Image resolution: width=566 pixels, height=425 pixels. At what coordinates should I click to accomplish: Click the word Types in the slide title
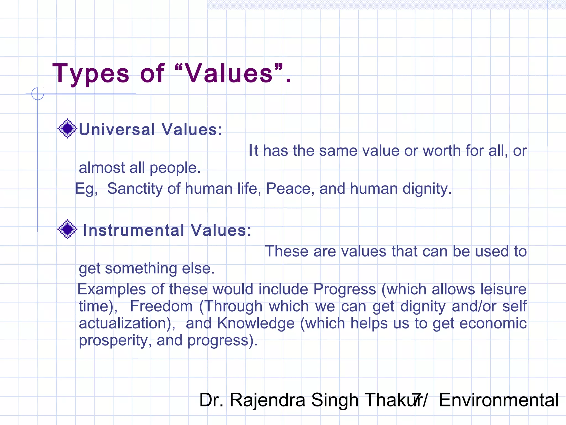[x=91, y=74]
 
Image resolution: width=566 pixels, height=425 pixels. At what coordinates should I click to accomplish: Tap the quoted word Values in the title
[x=229, y=74]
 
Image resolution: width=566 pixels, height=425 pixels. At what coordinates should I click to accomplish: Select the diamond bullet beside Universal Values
[x=67, y=128]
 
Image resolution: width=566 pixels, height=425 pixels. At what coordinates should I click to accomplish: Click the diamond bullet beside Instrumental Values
[x=67, y=229]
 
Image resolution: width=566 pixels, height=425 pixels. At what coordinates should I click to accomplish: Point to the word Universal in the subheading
[x=117, y=129]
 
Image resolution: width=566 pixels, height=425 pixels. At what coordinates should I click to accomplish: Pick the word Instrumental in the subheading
[x=134, y=230]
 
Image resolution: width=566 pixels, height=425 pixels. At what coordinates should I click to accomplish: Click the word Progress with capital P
[x=345, y=289]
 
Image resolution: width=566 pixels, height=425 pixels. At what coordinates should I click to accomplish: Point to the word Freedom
[x=161, y=306]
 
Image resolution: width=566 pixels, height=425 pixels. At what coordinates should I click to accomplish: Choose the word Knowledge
[x=256, y=323]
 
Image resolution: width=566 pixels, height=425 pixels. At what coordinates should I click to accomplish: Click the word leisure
[x=504, y=289]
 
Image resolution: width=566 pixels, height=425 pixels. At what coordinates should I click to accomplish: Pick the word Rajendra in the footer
[x=267, y=400]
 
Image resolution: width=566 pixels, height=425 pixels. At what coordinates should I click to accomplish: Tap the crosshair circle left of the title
[x=38, y=94]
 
